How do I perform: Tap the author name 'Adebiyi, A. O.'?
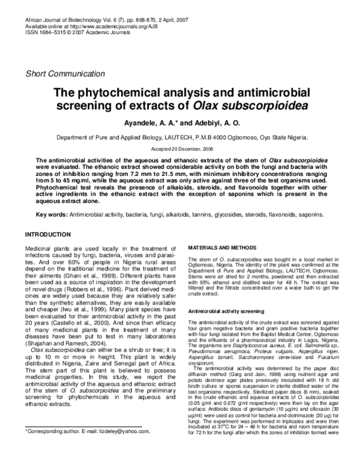tap(221, 123)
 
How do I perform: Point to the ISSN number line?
tap(70, 33)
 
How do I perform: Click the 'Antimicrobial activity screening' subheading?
tap(226, 312)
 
